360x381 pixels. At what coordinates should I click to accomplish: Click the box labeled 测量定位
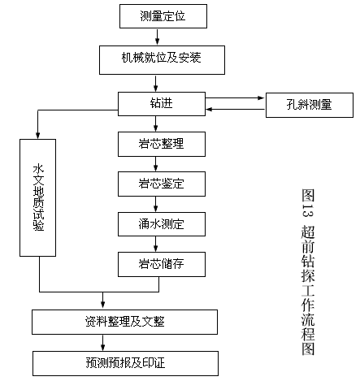click(x=163, y=16)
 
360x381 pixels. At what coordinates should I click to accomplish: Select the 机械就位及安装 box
click(x=162, y=60)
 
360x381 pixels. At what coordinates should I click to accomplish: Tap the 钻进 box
click(x=162, y=104)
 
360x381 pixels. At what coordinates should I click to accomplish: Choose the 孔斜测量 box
click(x=310, y=105)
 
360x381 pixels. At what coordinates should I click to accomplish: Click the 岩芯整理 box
click(x=162, y=144)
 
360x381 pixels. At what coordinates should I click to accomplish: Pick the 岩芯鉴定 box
click(x=162, y=184)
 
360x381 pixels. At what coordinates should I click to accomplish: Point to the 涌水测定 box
click(x=162, y=224)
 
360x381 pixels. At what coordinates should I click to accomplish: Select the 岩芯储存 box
click(x=162, y=264)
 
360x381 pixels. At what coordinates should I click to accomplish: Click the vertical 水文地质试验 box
click(x=37, y=197)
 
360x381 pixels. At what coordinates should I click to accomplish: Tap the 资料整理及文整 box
click(x=124, y=322)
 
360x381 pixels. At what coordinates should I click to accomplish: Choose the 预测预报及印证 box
click(x=125, y=363)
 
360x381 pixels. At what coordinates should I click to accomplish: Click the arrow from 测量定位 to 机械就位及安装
click(x=157, y=37)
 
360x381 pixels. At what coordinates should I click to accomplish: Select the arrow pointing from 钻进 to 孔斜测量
click(x=235, y=97)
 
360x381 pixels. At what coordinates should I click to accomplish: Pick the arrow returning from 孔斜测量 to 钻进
click(x=235, y=110)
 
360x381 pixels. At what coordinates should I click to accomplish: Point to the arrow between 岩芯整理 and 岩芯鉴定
click(x=155, y=164)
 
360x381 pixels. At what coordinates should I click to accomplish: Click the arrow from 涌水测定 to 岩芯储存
click(x=155, y=244)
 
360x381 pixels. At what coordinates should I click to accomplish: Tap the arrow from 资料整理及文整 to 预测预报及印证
click(x=102, y=343)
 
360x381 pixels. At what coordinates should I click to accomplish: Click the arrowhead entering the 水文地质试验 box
click(x=37, y=135)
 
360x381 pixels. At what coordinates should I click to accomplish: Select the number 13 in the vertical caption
click(x=308, y=210)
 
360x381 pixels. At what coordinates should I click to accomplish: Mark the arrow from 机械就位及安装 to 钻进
click(x=155, y=83)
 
